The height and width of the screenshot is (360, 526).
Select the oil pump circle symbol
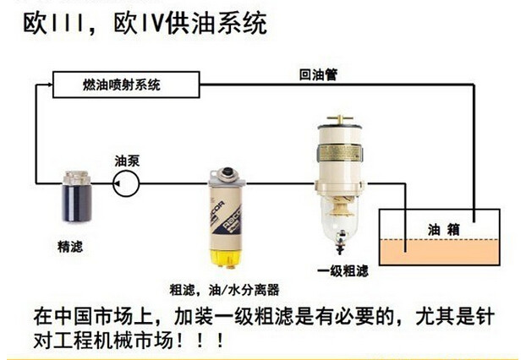click(x=129, y=181)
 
